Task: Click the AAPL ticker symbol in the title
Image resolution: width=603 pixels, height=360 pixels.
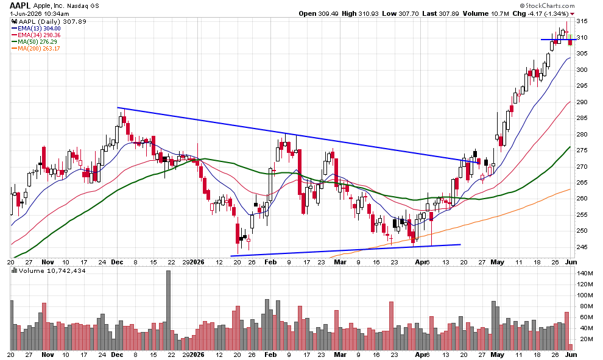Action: (20, 5)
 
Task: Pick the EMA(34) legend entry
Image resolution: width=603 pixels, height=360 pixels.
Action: (36, 35)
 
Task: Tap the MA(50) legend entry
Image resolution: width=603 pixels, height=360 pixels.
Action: (34, 41)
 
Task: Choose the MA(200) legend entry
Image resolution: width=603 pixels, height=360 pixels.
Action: (36, 49)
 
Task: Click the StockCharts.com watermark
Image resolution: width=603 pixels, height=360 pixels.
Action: (547, 5)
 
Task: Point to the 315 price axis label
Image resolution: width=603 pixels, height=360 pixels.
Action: (582, 21)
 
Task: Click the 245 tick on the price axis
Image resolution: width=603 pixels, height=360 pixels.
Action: (582, 247)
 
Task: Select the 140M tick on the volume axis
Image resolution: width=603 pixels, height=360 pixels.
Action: (585, 273)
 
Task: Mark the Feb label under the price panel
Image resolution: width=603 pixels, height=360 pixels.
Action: (270, 262)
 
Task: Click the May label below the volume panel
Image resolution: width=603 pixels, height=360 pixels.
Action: (497, 355)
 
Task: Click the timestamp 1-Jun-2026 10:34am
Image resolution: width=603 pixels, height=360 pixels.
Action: (39, 13)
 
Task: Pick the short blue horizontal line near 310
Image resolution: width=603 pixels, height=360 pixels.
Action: (559, 39)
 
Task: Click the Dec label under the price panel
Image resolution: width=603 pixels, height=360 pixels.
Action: (117, 262)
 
